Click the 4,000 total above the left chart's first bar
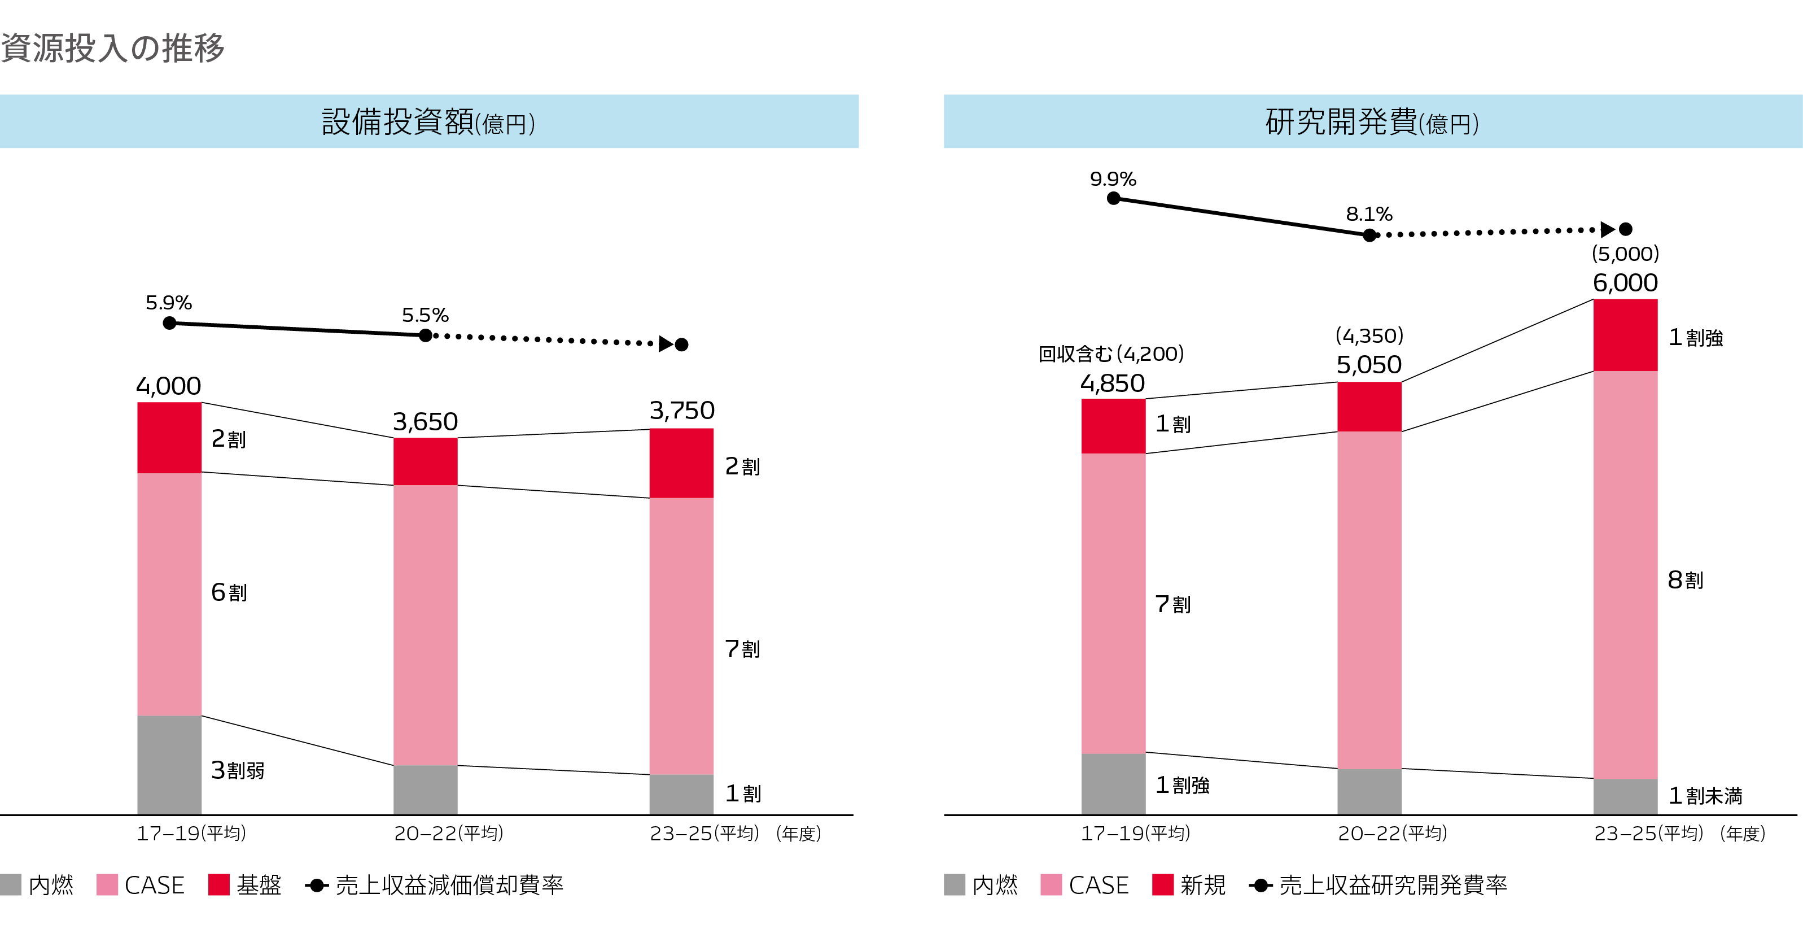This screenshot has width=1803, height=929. [x=169, y=386]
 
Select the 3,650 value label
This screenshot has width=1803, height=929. [x=425, y=421]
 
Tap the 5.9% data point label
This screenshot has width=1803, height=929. [x=169, y=303]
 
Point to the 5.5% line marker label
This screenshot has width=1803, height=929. [x=425, y=315]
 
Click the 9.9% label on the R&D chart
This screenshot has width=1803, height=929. [x=1113, y=178]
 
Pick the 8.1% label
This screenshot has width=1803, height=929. [x=1369, y=213]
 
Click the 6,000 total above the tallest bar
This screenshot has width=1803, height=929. [x=1625, y=283]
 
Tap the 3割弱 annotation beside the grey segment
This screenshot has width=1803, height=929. [x=238, y=770]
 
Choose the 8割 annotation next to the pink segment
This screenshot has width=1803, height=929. [x=1686, y=579]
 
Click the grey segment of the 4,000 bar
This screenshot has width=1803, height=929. [x=169, y=765]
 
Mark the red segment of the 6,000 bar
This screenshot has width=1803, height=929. [x=1625, y=335]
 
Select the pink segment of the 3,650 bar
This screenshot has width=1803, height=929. [x=425, y=625]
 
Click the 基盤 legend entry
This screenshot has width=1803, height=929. [x=245, y=885]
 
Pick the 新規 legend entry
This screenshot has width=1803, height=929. [x=1189, y=885]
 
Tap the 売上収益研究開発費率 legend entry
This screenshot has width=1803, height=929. [x=1379, y=885]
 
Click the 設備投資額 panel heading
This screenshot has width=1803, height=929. [x=428, y=122]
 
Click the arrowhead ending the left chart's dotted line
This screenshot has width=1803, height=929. [x=666, y=344]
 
